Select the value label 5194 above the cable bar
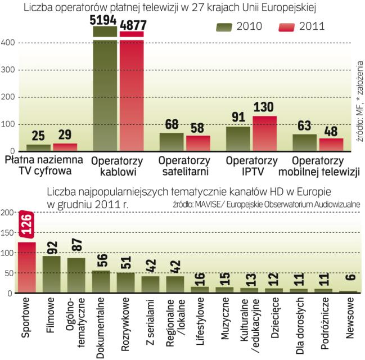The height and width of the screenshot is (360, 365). coord(105,21)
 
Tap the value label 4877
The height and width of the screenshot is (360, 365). coord(132,26)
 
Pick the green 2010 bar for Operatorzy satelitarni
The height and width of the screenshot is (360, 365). coord(171,142)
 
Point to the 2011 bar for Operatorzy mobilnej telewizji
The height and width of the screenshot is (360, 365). coord(331,145)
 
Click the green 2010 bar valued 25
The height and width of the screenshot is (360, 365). coord(38,148)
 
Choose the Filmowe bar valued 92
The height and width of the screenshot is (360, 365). coord(52,274)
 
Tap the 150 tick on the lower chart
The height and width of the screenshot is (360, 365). coord(8,233)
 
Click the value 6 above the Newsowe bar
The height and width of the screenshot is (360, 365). coord(349,285)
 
